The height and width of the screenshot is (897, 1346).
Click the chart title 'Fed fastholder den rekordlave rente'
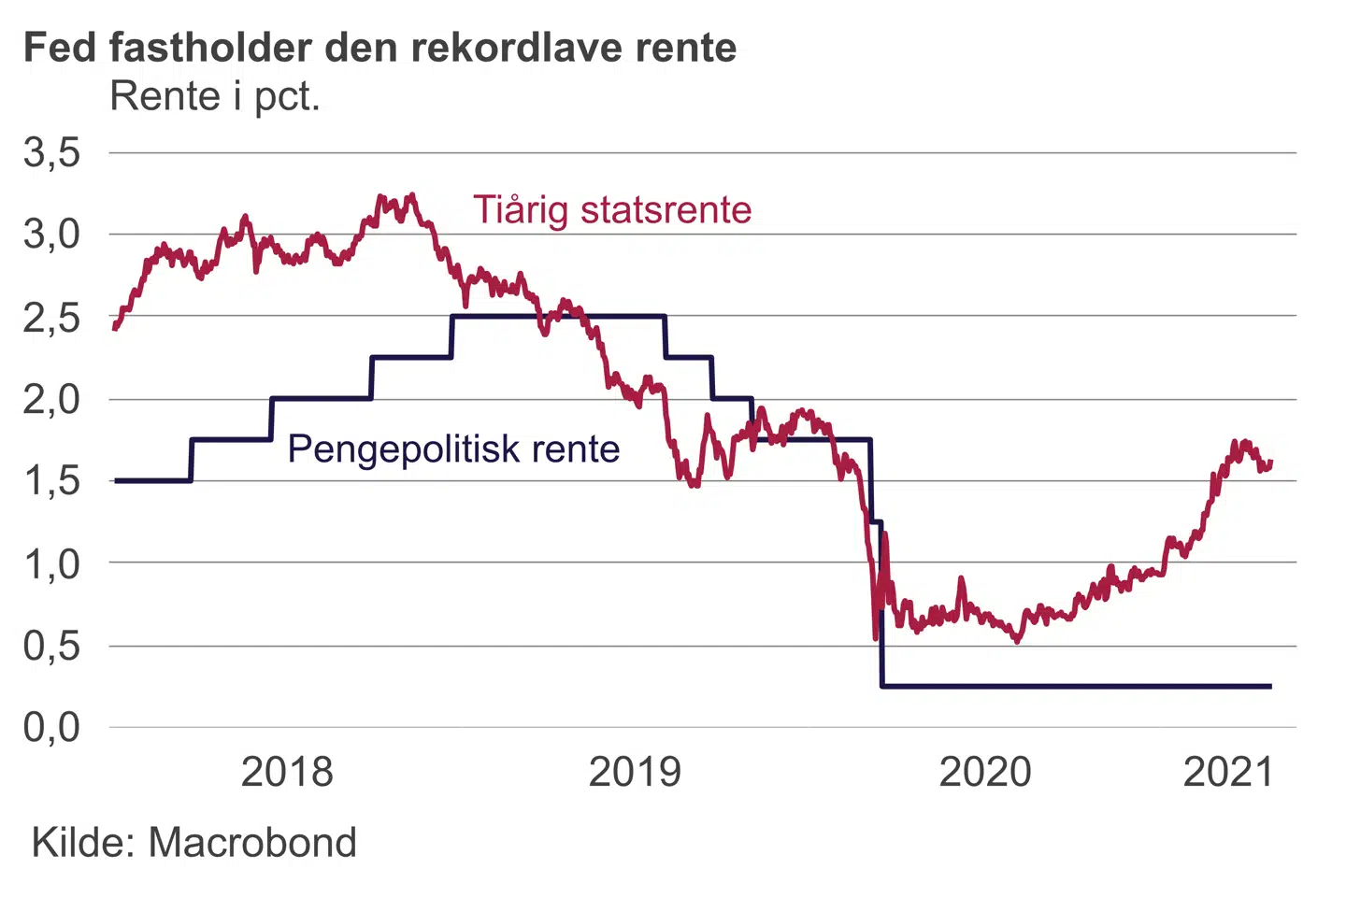379,47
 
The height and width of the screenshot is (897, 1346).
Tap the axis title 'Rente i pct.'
215,96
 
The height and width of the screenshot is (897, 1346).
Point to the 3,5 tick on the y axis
52,152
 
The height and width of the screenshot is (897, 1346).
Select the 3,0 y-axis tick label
52,235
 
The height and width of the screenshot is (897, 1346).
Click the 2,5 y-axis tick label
52,317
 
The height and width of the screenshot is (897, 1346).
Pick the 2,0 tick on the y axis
52,399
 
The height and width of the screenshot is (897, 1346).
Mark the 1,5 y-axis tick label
52,481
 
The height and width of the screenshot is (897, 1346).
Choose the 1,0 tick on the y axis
52,563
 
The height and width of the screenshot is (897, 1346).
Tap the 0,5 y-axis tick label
52,646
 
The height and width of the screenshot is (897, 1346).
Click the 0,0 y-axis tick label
52,727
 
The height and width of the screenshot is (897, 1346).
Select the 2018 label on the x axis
287,772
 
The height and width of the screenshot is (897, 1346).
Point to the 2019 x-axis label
635,772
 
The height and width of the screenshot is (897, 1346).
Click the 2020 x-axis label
984,772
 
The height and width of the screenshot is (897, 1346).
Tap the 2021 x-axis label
1228,772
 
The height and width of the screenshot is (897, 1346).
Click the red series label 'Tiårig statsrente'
612,209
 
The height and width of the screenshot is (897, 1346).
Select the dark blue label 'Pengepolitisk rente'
453,448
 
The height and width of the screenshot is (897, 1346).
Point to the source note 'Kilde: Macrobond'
194,843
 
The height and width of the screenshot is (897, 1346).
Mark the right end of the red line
1271,462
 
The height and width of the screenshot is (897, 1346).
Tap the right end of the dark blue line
1270,686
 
